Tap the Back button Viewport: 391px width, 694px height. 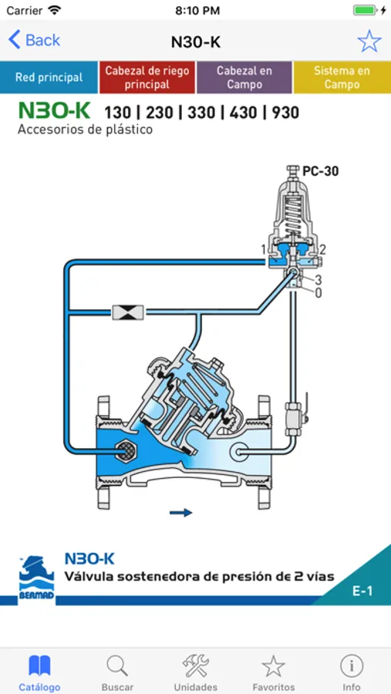coord(34,40)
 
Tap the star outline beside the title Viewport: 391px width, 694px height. coord(369,41)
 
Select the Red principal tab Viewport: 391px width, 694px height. coord(49,77)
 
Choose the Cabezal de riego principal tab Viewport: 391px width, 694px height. coord(147,77)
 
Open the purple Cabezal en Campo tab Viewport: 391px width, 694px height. coord(244,77)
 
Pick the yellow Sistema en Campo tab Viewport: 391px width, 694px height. coord(342,77)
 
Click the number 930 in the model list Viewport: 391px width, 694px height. coord(285,113)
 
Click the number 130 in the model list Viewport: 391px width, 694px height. coord(118,113)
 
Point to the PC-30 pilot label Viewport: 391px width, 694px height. coord(321,171)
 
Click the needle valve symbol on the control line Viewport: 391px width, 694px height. coord(128,312)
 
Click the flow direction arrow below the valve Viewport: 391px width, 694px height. coord(181,513)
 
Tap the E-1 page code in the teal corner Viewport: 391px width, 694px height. coord(362,591)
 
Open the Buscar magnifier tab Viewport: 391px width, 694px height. coord(117,672)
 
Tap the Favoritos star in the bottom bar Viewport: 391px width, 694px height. coord(273,672)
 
